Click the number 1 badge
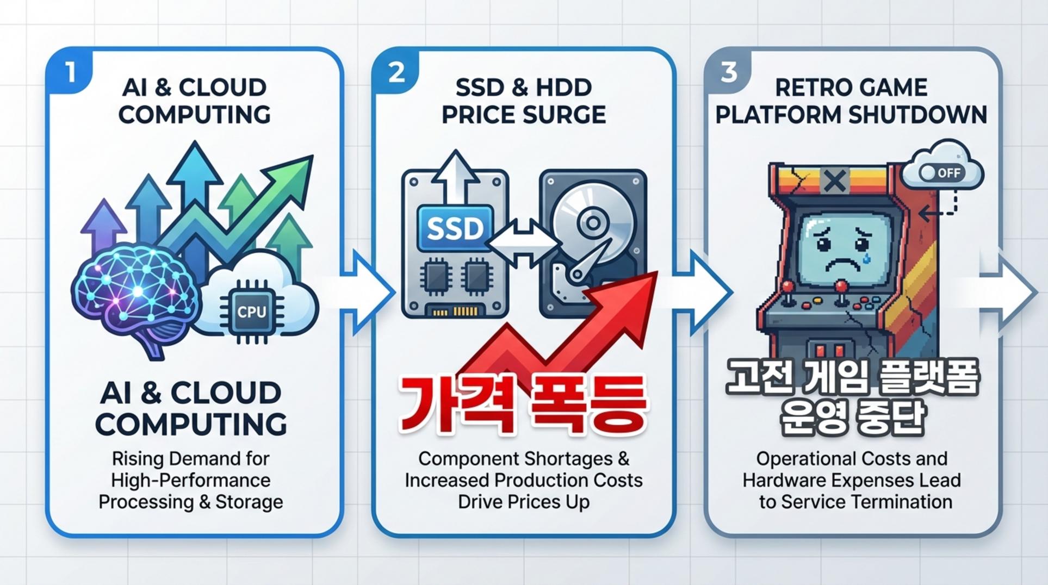coord(70,73)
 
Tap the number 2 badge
coord(396,73)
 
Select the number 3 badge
coord(729,73)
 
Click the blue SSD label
coord(455,228)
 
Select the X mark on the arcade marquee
coord(834,181)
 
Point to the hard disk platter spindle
coord(593,222)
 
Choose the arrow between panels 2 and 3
coord(702,292)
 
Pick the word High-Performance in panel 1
coord(190,481)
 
